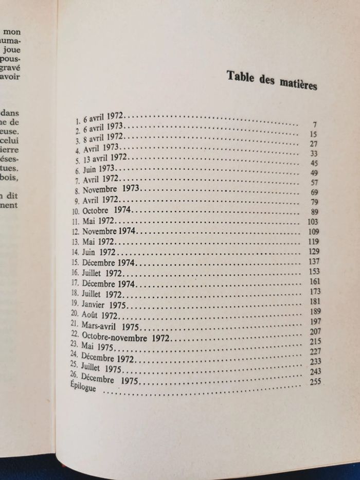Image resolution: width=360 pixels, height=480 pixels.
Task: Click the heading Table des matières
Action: tap(272, 80)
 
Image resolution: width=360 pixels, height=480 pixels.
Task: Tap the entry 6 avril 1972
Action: tap(100, 118)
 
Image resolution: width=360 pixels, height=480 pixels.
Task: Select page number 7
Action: tap(313, 125)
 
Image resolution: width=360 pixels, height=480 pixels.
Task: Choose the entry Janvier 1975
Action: tap(103, 305)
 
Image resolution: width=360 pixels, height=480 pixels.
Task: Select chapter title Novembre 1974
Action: tap(109, 231)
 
